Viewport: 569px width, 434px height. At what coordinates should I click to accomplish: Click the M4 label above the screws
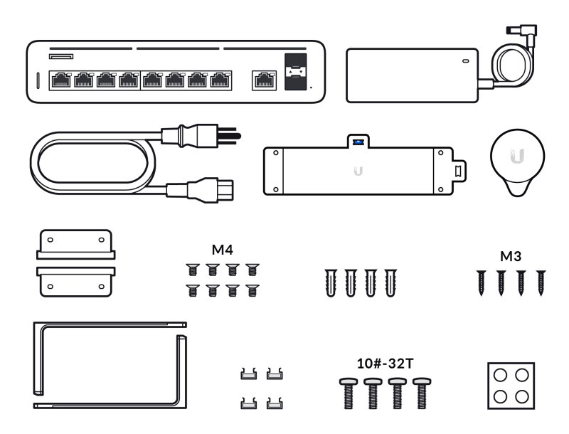pos(223,250)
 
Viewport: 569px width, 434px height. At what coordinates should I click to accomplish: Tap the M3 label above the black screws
pos(511,255)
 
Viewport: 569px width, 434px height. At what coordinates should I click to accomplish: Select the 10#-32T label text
pos(385,364)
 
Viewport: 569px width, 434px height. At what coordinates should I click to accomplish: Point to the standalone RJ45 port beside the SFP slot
pos(263,80)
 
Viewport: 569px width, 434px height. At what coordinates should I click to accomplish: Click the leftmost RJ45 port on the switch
pos(60,80)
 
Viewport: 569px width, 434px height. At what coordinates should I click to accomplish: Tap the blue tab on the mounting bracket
pos(358,142)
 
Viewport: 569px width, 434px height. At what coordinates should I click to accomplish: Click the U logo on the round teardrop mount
pos(518,155)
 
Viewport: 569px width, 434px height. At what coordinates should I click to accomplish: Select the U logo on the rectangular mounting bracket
pos(358,171)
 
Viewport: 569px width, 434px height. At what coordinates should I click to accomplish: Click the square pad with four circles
pos(511,386)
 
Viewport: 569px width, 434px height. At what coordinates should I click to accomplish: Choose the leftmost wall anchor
pos(331,283)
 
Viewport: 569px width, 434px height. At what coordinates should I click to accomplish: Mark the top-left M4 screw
pos(191,270)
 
